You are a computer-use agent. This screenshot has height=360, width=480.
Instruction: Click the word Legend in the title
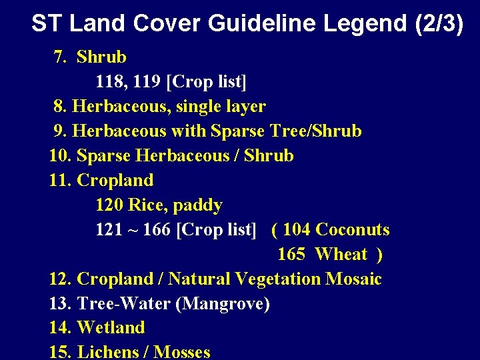point(365,23)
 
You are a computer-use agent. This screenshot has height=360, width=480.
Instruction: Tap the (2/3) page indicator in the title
point(438,23)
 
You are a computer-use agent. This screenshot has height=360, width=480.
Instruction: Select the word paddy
point(200,205)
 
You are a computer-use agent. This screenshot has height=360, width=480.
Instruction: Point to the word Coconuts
point(352,230)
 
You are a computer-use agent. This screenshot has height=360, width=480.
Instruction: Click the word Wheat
point(341,255)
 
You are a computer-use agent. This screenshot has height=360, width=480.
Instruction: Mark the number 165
point(291,255)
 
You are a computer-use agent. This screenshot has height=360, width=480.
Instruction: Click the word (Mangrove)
point(222,304)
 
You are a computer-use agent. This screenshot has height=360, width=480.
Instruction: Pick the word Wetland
point(111,328)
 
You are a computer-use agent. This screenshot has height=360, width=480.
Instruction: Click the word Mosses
point(182,352)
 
